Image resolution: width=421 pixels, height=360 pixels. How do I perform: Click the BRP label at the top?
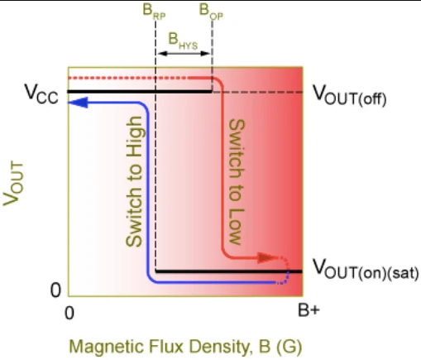154,12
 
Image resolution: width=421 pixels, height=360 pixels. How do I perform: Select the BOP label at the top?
211,12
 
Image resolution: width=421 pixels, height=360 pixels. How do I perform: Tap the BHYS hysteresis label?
183,41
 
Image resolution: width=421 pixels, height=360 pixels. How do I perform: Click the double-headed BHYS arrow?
184,54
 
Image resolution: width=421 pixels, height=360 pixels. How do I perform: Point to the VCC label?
41,94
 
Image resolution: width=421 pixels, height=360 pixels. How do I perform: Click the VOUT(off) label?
350,95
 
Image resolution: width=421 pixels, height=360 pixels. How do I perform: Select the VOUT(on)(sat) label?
366,270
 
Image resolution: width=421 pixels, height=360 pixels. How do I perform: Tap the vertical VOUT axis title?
13,184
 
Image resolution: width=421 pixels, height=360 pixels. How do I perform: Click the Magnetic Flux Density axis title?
185,346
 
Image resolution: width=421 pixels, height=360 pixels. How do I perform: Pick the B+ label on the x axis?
309,311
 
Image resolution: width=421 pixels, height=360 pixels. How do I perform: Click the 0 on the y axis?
55,290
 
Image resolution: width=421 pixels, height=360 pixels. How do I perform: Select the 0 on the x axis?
69,313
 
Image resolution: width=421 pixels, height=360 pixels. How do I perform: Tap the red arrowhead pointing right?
267,257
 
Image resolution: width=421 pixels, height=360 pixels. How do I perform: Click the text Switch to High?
134,181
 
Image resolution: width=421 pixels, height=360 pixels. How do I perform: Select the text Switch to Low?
237,182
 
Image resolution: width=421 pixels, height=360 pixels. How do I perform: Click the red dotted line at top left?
128,78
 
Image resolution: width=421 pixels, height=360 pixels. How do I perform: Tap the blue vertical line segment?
148,192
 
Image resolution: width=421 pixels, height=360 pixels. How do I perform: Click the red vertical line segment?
222,167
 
